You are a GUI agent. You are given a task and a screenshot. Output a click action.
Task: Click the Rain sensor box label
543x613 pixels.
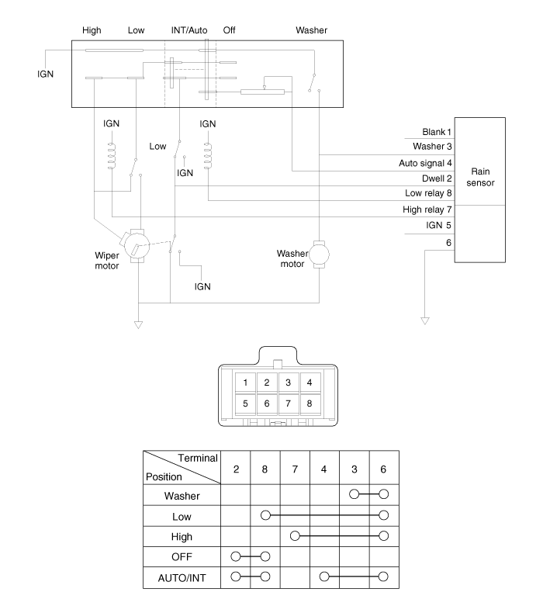click(481, 177)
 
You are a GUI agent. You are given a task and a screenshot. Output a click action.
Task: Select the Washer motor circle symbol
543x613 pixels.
click(319, 254)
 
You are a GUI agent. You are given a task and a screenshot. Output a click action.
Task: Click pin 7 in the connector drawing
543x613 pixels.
click(288, 403)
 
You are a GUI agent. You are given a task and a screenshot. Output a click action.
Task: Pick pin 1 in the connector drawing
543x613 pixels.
click(244, 382)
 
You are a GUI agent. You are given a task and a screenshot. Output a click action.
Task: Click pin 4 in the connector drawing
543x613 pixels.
click(310, 382)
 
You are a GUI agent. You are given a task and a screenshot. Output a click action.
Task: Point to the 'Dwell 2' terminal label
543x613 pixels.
click(438, 178)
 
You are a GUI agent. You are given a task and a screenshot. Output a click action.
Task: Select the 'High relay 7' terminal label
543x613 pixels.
click(427, 210)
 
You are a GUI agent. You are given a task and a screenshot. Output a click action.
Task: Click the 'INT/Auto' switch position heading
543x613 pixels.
click(188, 31)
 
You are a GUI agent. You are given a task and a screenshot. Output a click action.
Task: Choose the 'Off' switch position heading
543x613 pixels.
click(229, 31)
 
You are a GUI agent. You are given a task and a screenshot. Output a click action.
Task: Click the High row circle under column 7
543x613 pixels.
click(295, 535)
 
